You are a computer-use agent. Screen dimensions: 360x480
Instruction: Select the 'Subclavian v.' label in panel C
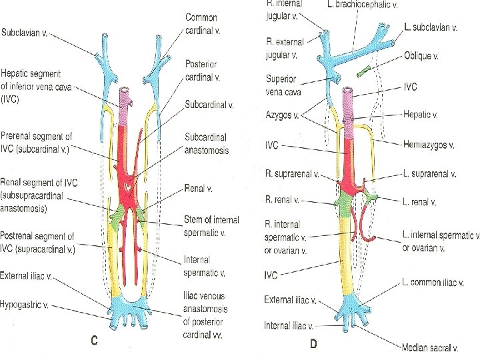pyautogui.click(x=25, y=32)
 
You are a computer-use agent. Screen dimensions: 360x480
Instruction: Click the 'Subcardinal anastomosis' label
pyautogui.click(x=207, y=143)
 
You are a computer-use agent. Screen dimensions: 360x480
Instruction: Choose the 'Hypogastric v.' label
pyautogui.click(x=27, y=307)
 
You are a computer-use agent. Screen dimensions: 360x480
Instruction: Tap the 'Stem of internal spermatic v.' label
pyautogui.click(x=212, y=225)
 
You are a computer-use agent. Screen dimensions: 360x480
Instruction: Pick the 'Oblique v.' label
pyautogui.click(x=422, y=57)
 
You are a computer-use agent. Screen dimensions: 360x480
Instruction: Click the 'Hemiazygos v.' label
pyautogui.click(x=429, y=144)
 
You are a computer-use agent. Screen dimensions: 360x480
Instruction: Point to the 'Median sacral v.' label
pyautogui.click(x=430, y=347)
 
